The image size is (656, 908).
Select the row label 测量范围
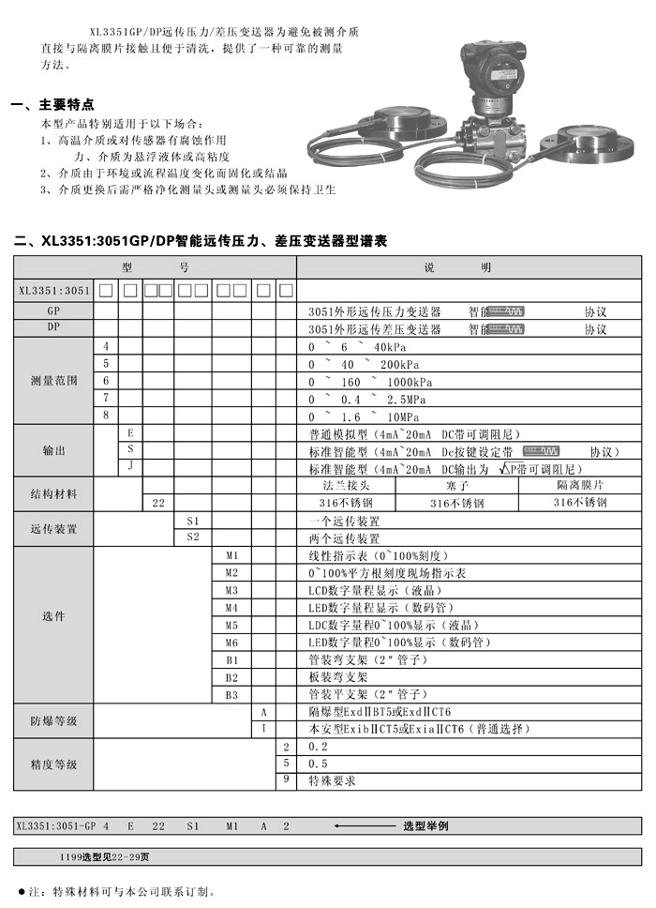click(53, 382)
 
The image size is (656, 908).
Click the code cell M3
click(232, 591)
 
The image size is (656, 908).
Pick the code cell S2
click(193, 537)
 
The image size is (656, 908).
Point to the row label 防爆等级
click(53, 720)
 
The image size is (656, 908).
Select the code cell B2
click(232, 677)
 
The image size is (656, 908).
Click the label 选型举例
click(425, 826)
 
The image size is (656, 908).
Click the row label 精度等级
click(53, 764)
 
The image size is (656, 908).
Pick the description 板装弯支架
click(338, 677)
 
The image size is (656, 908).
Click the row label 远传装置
click(53, 529)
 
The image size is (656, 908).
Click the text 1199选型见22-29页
click(104, 856)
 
